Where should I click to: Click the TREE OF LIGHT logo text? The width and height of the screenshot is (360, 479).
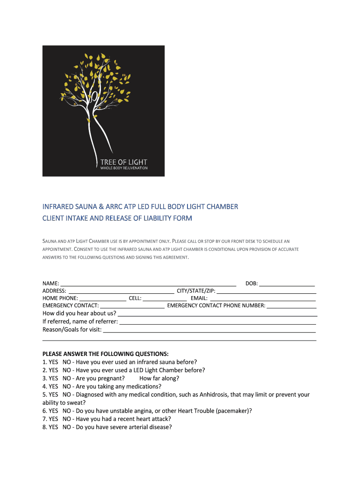[x=123, y=162]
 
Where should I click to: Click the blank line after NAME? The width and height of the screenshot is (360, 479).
[x=148, y=284]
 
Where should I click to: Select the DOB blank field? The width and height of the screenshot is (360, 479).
[x=287, y=284]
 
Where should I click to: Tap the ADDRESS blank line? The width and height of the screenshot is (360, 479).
[x=121, y=291]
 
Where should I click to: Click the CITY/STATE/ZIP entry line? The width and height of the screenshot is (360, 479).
[x=266, y=291]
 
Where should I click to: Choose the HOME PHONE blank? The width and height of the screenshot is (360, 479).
[x=103, y=298]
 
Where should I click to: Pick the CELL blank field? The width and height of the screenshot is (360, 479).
[x=165, y=298]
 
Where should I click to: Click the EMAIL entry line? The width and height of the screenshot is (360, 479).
[x=263, y=298]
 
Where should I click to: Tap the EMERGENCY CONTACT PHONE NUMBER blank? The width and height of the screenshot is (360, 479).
[x=292, y=306]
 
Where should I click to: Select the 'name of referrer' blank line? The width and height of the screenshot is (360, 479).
[x=218, y=322]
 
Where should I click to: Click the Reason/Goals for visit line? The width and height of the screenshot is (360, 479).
[x=209, y=331]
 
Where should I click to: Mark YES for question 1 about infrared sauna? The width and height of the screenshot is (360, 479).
[x=53, y=362]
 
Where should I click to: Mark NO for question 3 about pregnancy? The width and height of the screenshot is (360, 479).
[x=67, y=378]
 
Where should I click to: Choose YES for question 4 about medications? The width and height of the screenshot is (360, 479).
[x=53, y=386]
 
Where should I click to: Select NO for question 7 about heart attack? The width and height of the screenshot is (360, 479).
[x=67, y=419]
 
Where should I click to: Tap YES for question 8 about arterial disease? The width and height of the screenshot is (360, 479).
[x=53, y=427]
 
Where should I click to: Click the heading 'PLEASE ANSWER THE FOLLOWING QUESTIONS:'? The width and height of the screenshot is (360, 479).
[x=105, y=354]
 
